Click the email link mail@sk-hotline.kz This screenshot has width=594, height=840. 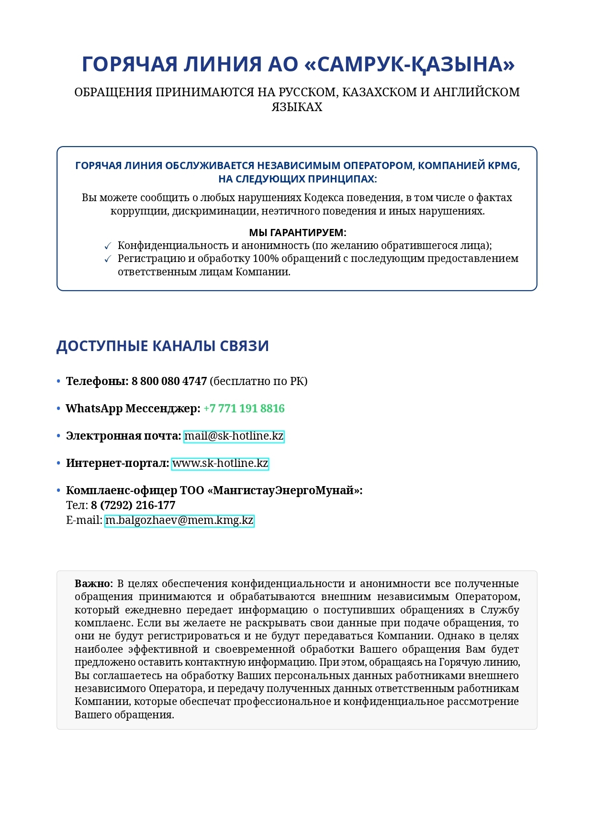234,436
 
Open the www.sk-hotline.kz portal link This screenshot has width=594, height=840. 220,464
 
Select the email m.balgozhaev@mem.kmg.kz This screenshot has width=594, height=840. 179,521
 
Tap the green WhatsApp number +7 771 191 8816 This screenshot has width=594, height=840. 244,409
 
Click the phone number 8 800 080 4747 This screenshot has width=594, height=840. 169,381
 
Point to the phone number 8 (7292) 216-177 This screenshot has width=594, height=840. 133,505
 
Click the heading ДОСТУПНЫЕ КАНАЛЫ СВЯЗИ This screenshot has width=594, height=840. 163,346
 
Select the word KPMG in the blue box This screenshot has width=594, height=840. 504,166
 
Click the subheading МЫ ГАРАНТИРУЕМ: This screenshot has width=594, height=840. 297,233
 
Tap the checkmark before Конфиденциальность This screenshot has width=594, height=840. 108,246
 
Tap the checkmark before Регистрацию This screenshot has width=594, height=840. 108,259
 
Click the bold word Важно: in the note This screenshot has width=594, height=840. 94,584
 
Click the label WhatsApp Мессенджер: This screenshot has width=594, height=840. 133,409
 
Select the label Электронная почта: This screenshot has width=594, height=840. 123,436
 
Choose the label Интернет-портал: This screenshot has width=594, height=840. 118,464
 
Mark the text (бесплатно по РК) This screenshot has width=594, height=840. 258,381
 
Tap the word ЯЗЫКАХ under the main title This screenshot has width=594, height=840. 297,107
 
